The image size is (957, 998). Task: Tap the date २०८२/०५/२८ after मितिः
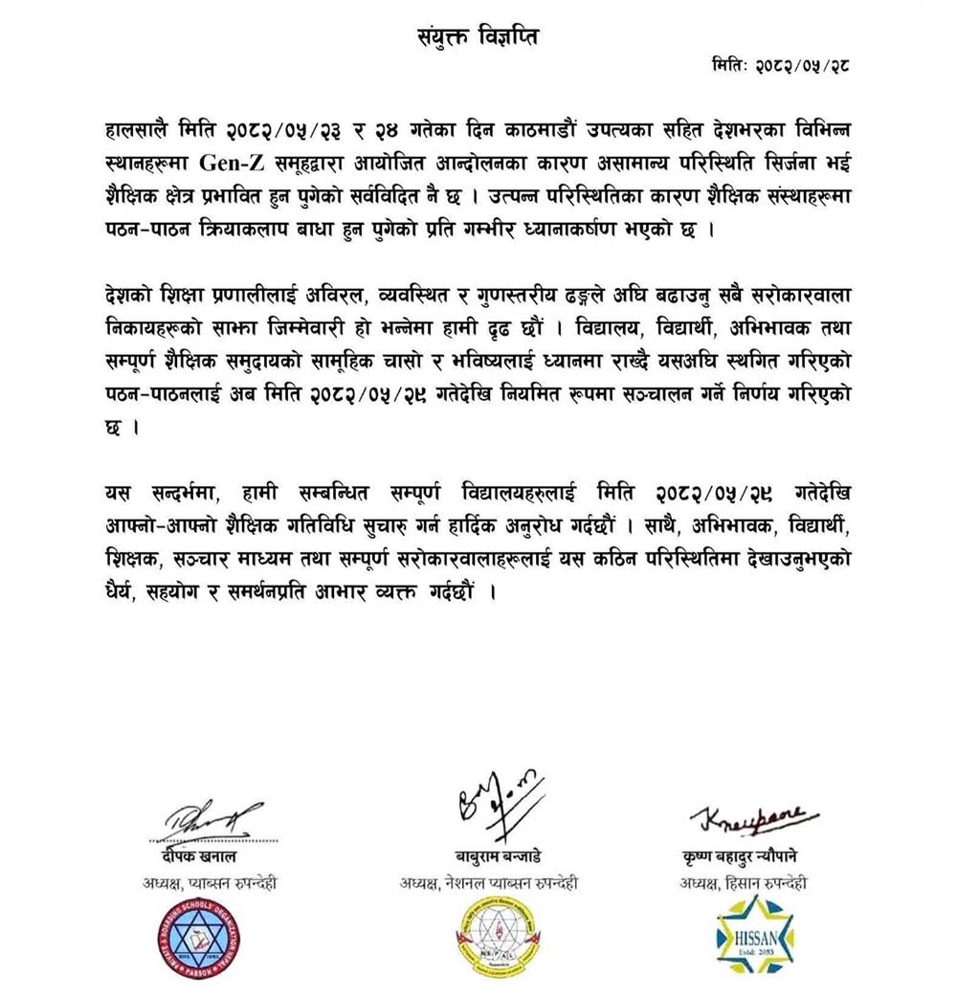tap(801, 66)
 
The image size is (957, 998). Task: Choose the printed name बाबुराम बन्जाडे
tap(489, 856)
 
